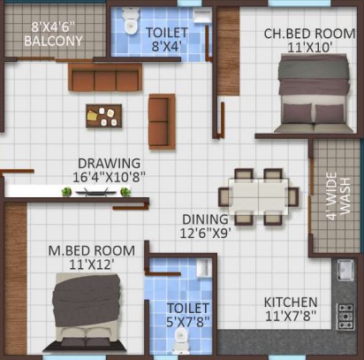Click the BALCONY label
point(53,41)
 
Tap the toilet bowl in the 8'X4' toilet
point(131,20)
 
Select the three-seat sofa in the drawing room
point(105,77)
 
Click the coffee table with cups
point(103,116)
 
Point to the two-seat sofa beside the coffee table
point(162,121)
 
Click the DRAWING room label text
point(109,164)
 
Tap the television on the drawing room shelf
point(96,192)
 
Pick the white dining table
point(259,196)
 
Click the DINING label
point(205,219)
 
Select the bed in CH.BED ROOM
point(314,93)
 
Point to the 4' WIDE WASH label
point(338,196)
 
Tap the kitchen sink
point(345,270)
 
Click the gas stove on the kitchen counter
point(345,317)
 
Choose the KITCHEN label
point(291,303)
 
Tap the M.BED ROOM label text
point(92,251)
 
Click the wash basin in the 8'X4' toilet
point(202,15)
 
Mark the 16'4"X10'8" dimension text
point(110,177)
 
